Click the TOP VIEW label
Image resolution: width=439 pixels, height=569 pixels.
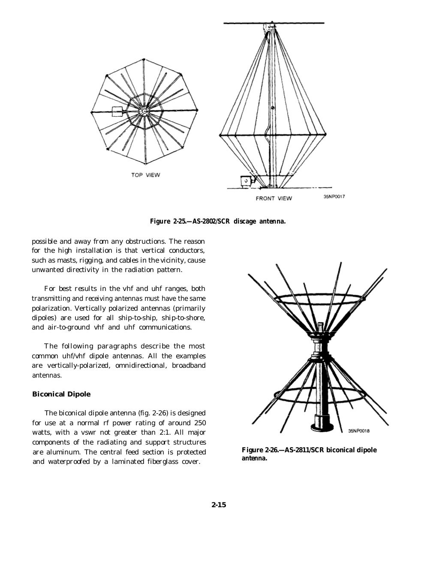coord(145,175)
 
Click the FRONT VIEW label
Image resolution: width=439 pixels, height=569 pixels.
coord(274,198)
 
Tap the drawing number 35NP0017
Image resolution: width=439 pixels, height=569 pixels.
coord(334,197)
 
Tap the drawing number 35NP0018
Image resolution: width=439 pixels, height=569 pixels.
coord(359,431)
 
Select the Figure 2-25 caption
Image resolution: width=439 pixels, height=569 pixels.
coord(217,221)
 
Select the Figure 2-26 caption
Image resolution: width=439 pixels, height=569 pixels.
coord(309,454)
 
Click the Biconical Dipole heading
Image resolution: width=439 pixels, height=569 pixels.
coord(61,394)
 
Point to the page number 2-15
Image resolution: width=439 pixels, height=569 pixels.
coord(219,505)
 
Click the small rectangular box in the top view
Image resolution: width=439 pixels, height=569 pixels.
coord(117,112)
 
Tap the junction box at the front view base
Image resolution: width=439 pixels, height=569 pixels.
coord(246,181)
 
